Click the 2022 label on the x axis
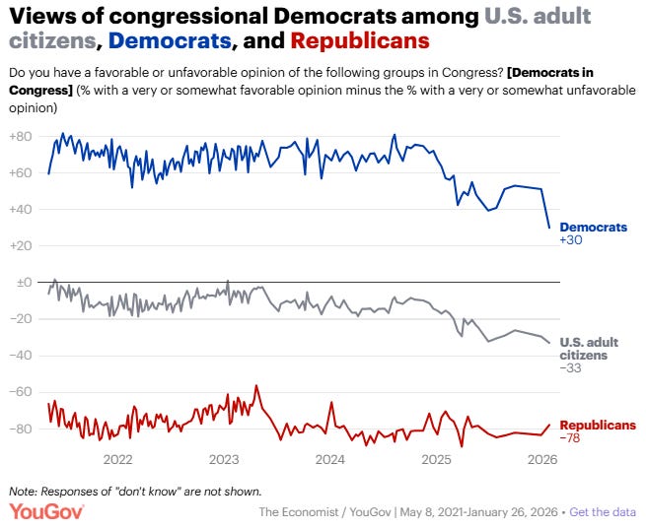coord(117,459)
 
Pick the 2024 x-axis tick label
coord(329,459)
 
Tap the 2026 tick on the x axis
coord(541,459)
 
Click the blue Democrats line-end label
coord(593,227)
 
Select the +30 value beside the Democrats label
coord(572,239)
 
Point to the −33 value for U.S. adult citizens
coord(572,367)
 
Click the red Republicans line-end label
coord(598,426)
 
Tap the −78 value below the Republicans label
coord(572,438)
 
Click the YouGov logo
coord(46,511)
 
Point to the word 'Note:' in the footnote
coord(24,490)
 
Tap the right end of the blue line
coord(549,228)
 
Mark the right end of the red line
coord(549,425)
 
